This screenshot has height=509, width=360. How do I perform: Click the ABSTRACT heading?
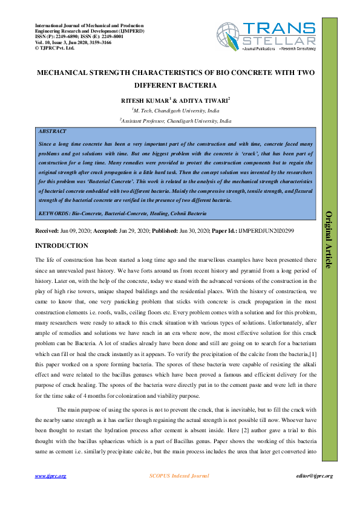[52, 131]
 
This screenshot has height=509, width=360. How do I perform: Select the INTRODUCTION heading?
[62, 245]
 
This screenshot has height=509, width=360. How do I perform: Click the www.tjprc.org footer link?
[50, 476]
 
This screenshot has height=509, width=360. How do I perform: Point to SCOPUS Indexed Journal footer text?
[179, 476]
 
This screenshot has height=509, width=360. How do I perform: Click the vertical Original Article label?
[330, 239]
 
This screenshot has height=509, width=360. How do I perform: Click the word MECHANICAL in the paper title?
[65, 73]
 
